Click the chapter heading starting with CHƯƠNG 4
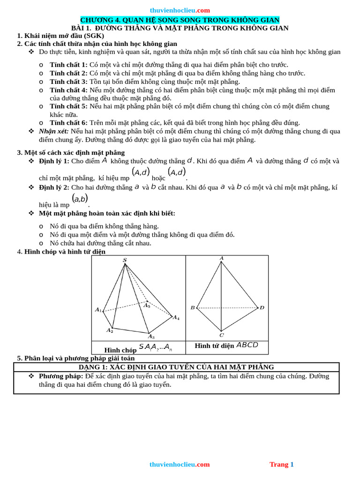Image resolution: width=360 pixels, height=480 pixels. [180, 20]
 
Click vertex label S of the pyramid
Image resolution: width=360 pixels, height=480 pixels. [125, 260]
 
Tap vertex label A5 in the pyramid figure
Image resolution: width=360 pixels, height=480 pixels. [147, 306]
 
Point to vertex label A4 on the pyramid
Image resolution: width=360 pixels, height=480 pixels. [176, 318]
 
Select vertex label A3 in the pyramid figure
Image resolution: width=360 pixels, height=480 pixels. [151, 336]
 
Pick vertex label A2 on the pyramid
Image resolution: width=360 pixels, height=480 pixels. [110, 330]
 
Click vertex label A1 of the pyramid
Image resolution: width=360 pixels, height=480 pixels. [98, 310]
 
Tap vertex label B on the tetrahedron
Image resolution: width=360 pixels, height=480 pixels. [192, 308]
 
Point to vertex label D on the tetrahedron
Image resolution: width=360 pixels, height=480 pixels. [262, 307]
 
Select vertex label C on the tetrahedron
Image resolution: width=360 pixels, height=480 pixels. [222, 335]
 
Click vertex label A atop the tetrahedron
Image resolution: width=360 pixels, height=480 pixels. [222, 258]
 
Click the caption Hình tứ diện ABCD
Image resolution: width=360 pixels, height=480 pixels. [226, 345]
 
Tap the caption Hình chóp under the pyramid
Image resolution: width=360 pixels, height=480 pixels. [120, 350]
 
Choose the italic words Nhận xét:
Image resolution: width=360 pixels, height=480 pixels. [54, 131]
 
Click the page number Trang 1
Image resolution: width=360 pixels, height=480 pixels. [281, 465]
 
